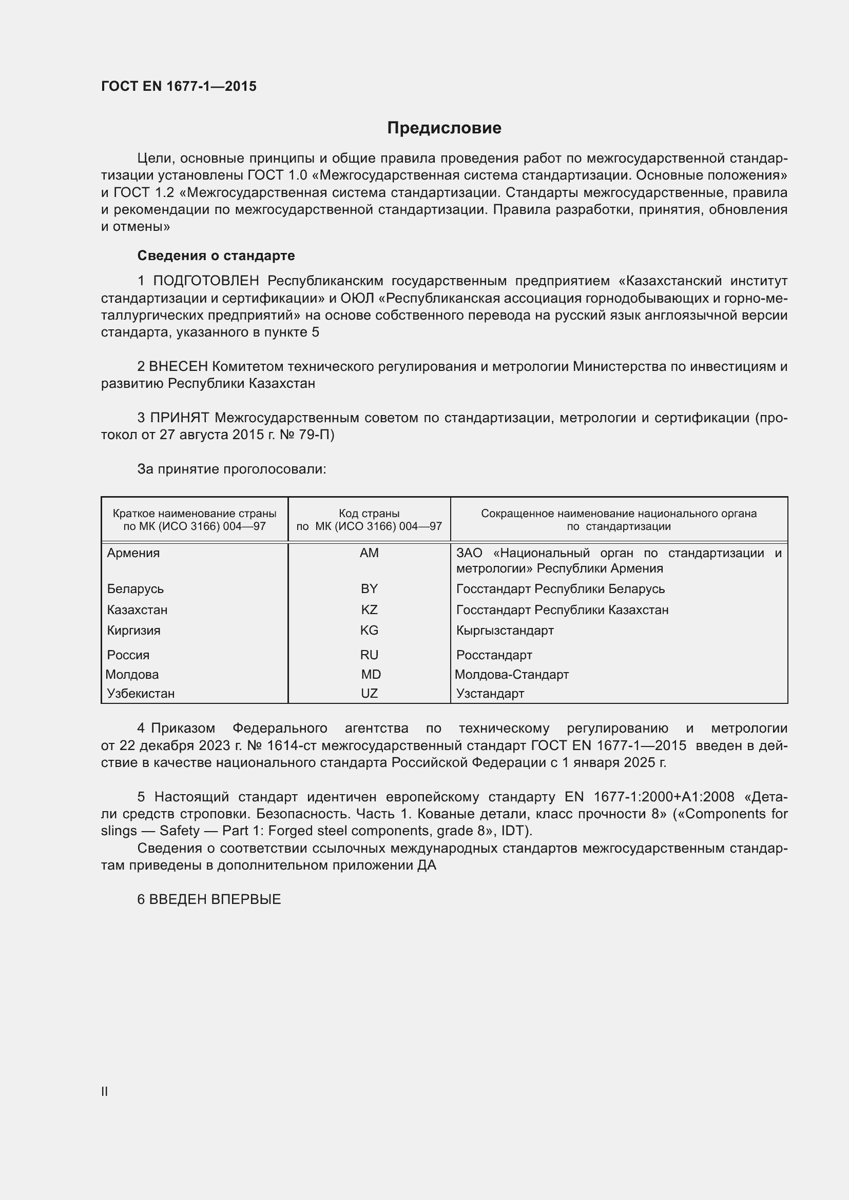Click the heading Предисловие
pyautogui.click(x=444, y=128)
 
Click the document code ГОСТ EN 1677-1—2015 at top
pyautogui.click(x=179, y=86)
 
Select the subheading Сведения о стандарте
pyautogui.click(x=216, y=255)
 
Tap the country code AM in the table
pyautogui.click(x=369, y=553)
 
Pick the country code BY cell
pyautogui.click(x=369, y=589)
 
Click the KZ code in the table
pyautogui.click(x=369, y=610)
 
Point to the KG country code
pyautogui.click(x=369, y=631)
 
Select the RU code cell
pyautogui.click(x=369, y=655)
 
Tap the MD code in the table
pyautogui.click(x=371, y=675)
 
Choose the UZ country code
pyautogui.click(x=369, y=694)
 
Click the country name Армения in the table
pyautogui.click(x=133, y=553)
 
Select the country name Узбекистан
pyautogui.click(x=141, y=694)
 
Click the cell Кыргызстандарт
pyautogui.click(x=505, y=631)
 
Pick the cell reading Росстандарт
pyautogui.click(x=494, y=655)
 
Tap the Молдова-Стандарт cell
pyautogui.click(x=511, y=675)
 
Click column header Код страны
pyautogui.click(x=369, y=514)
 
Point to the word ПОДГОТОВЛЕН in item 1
pyautogui.click(x=206, y=281)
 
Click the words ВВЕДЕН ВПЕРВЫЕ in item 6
pyautogui.click(x=215, y=899)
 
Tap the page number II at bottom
pyautogui.click(x=105, y=1092)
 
